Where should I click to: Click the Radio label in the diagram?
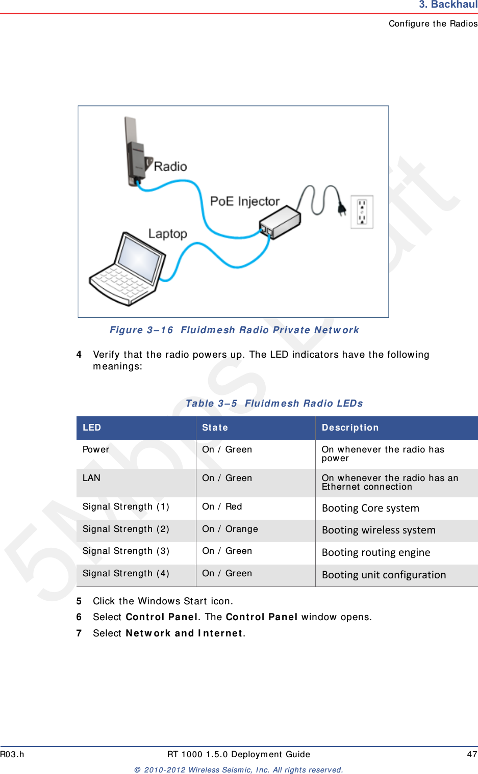170,167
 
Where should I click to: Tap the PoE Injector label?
244,201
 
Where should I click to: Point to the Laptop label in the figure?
167,234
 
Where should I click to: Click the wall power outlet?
362,212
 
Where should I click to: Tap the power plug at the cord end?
342,207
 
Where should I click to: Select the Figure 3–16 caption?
234,330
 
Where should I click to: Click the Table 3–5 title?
274,403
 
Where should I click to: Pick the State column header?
215,428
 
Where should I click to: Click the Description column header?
350,428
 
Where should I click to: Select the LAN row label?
92,478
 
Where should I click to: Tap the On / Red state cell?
222,506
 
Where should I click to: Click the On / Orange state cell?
230,529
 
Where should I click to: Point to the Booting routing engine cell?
376,552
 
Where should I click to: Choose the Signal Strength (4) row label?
125,573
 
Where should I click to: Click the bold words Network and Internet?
184,633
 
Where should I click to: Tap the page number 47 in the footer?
472,754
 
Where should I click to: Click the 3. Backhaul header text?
448,5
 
